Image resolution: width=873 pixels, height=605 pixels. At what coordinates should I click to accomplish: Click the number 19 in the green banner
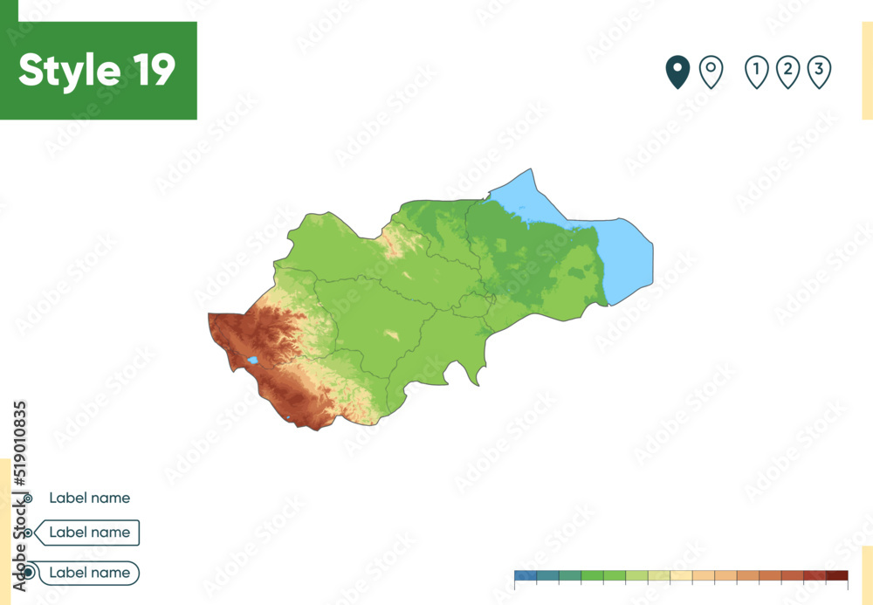coord(155,71)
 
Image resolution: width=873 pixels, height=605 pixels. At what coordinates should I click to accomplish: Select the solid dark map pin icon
coord(677,72)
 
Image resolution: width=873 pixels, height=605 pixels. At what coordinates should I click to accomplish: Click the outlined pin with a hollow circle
coord(711,71)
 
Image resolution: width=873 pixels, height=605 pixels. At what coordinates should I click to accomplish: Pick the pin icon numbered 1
coord(756,71)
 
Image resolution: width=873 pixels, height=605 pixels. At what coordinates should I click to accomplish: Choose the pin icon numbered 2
coord(787,71)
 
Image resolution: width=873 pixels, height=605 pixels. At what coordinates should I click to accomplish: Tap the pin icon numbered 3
coord(818,71)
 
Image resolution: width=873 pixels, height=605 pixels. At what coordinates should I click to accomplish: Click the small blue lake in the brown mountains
coord(252,360)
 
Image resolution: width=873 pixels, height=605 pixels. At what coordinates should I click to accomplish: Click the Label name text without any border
coord(89,498)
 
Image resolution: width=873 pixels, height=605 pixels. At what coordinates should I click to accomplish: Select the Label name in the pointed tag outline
coord(89,533)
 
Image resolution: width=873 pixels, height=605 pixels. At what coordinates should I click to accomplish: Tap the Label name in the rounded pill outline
coord(89,574)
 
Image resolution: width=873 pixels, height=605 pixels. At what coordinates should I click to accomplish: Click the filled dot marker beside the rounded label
coord(29,574)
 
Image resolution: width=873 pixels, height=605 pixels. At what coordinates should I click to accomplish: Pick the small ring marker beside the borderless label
coord(28,498)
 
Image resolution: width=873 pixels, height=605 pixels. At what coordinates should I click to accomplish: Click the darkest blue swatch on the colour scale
coord(525,575)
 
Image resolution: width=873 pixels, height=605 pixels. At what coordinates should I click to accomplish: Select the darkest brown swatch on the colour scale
coord(836,575)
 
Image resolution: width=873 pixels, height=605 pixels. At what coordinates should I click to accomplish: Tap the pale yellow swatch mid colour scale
coord(681,575)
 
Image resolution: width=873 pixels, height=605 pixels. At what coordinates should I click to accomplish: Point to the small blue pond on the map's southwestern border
coord(288,419)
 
